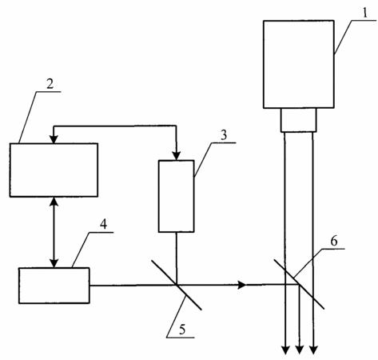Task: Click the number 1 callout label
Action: [365, 13]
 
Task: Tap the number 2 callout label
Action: [50, 84]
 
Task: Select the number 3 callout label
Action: [224, 135]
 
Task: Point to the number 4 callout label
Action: [103, 224]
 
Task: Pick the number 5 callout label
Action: [182, 330]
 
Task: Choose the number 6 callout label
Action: [334, 241]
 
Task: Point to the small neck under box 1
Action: [299, 120]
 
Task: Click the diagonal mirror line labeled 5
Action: [177, 285]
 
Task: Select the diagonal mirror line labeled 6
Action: [299, 284]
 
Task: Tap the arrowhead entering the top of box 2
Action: [54, 139]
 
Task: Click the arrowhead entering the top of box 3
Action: [176, 156]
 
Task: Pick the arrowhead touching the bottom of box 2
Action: [54, 202]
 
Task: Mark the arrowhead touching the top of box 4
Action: [54, 263]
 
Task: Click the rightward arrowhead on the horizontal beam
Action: [242, 285]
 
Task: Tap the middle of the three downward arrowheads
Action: [300, 350]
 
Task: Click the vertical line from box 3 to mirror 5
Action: [176, 258]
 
